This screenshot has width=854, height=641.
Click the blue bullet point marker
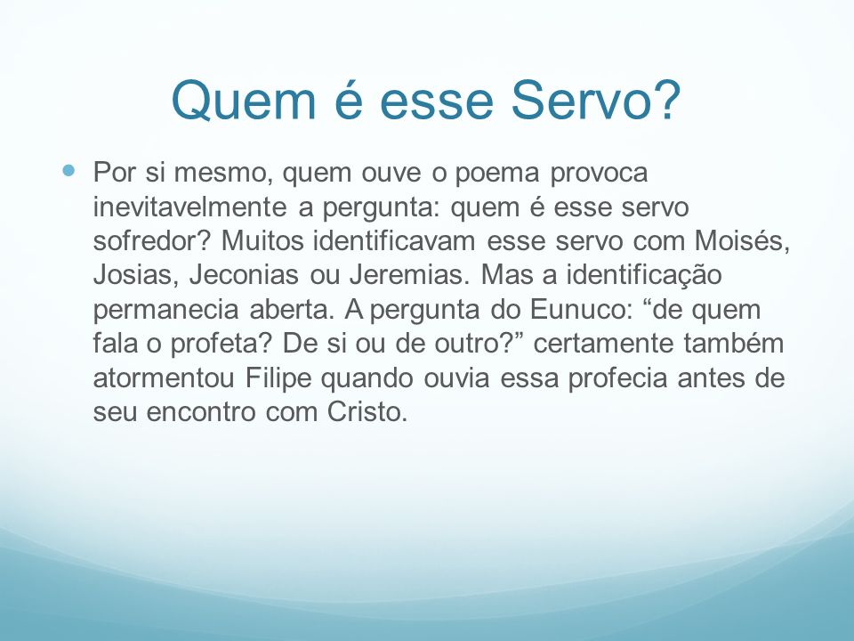(x=68, y=171)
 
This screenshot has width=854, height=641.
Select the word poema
(x=497, y=174)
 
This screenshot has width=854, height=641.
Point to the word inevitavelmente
(x=189, y=207)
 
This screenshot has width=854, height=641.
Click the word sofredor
(x=151, y=240)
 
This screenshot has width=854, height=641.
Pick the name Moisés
(x=742, y=241)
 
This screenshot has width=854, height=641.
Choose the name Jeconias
(x=244, y=275)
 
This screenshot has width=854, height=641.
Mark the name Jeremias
(x=409, y=275)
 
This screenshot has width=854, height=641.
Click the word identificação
(x=644, y=275)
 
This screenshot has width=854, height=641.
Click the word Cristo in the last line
(x=367, y=411)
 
